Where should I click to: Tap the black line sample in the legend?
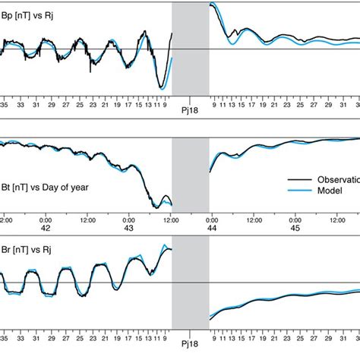coord(298,179)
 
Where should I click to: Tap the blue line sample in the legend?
coord(298,192)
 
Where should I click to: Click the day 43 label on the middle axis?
coord(128,228)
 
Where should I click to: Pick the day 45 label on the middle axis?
coord(295,228)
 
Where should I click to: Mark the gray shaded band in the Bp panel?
coord(190,49)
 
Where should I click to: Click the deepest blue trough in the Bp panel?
coord(161,88)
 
